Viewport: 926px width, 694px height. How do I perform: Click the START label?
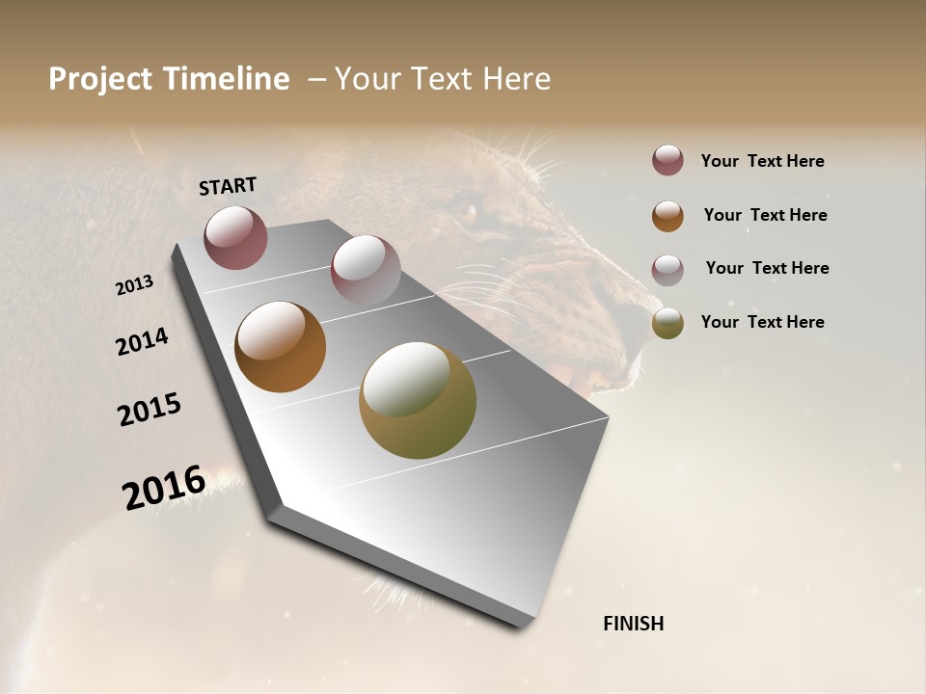pos(228,186)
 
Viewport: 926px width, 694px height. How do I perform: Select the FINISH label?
pos(633,624)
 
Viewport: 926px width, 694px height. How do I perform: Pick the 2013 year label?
pos(134,285)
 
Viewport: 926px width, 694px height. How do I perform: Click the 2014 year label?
pos(142,342)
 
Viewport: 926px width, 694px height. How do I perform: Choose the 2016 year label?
pos(164,488)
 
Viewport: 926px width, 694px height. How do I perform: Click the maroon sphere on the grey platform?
pos(235,237)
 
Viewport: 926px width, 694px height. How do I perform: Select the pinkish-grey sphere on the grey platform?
pos(365,270)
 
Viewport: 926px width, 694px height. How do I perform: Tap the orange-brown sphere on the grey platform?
pos(280,347)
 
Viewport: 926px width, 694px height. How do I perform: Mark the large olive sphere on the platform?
pos(417,400)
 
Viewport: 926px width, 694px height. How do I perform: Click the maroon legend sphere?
pos(667,160)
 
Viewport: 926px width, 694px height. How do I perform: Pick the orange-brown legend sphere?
pos(667,216)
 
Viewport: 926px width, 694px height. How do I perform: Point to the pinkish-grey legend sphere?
pos(667,270)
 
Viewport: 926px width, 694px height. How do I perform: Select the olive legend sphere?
pos(667,323)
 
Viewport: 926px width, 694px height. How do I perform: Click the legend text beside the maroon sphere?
pos(762,162)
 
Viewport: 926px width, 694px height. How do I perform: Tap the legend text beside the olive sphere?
pos(762,322)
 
